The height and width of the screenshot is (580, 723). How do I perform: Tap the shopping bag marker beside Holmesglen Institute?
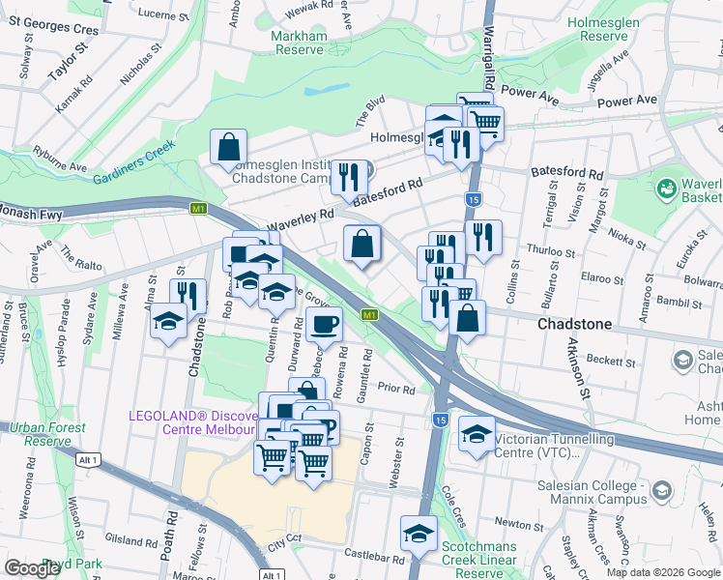(x=229, y=148)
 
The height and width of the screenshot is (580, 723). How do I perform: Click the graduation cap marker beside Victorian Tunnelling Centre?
(x=476, y=432)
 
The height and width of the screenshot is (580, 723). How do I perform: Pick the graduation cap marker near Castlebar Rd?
(x=419, y=533)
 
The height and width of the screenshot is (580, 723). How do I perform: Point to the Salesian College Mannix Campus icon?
(x=661, y=491)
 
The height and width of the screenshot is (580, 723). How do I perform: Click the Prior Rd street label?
(x=396, y=390)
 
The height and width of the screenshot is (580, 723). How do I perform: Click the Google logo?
(x=31, y=567)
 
